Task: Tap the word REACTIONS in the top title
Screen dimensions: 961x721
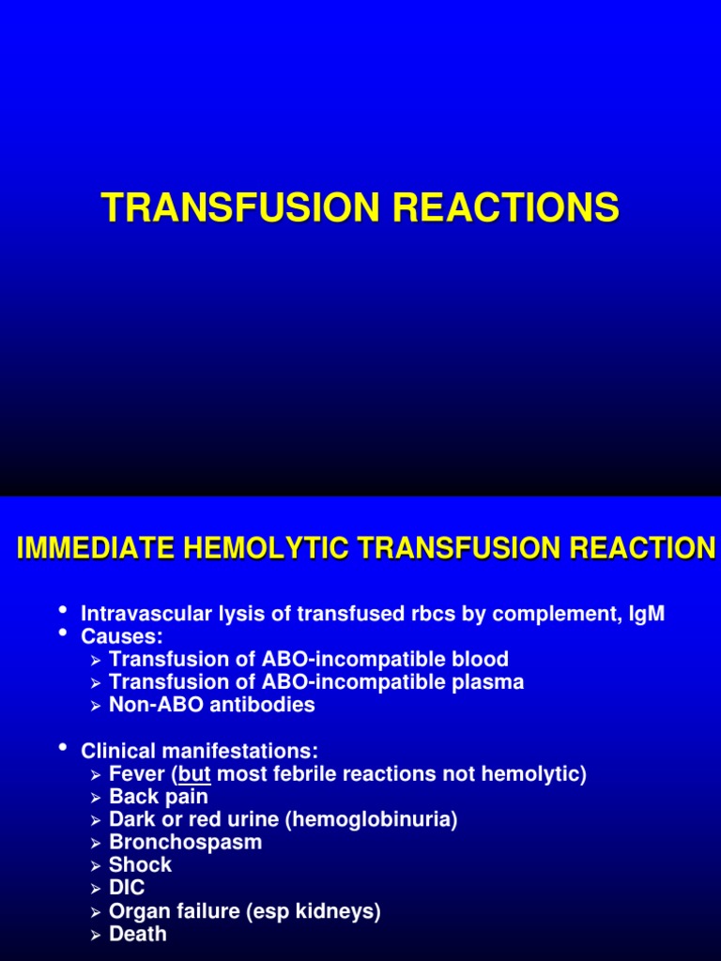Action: [x=507, y=207]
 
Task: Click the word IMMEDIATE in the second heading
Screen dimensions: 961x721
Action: [x=89, y=548]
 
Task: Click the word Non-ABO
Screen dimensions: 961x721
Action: [x=148, y=705]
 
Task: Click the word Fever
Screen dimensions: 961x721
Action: [x=136, y=774]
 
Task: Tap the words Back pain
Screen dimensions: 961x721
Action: [x=159, y=797]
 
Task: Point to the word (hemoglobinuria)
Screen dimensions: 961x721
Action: [x=373, y=819]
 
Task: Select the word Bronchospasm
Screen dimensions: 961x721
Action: [x=186, y=842]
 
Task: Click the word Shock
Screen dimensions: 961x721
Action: [x=140, y=864]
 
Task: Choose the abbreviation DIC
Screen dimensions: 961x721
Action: [x=128, y=888]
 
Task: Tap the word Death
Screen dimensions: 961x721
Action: [x=137, y=933]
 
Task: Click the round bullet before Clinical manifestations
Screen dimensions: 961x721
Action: [x=63, y=749]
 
